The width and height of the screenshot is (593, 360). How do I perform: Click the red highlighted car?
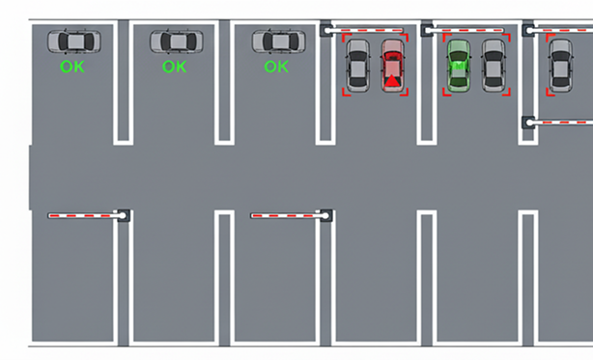[x=393, y=66]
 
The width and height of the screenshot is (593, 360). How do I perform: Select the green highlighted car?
[x=459, y=66]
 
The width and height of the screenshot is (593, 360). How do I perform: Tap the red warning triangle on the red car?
[x=392, y=81]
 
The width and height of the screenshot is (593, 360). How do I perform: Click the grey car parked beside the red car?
[x=357, y=66]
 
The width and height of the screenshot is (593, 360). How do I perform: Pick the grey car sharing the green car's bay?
[x=494, y=66]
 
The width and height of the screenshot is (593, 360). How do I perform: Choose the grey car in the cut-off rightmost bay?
[x=560, y=66]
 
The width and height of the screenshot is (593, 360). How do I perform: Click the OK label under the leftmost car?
[x=72, y=67]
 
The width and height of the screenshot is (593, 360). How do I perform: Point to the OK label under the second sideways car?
[x=175, y=67]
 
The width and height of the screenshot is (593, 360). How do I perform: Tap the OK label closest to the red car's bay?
[x=276, y=67]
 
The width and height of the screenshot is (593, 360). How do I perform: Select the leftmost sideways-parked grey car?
[x=74, y=42]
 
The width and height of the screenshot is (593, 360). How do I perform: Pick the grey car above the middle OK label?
[x=176, y=42]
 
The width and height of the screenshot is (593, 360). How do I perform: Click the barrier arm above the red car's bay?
[x=365, y=30]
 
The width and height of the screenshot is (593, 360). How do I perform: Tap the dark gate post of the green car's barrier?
[x=427, y=30]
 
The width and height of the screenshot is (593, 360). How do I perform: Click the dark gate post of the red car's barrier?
[x=325, y=30]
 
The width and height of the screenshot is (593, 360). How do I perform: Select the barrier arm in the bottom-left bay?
[x=86, y=215]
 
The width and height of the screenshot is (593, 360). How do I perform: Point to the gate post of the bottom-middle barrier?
[x=326, y=215]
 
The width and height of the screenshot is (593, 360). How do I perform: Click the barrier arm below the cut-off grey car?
[x=560, y=123]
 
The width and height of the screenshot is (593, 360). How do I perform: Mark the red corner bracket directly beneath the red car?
[x=405, y=93]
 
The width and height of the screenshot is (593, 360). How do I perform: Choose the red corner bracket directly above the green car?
[x=447, y=38]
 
